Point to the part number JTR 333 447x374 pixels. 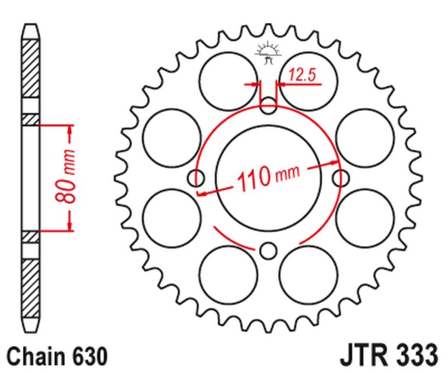(x=388, y=355)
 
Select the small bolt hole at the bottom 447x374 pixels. (x=269, y=250)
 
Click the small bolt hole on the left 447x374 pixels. (x=197, y=178)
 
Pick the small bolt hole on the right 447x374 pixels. (x=341, y=178)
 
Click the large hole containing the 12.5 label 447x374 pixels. (x=308, y=82)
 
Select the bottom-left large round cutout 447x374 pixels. (x=230, y=274)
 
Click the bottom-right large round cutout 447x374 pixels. (x=308, y=274)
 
